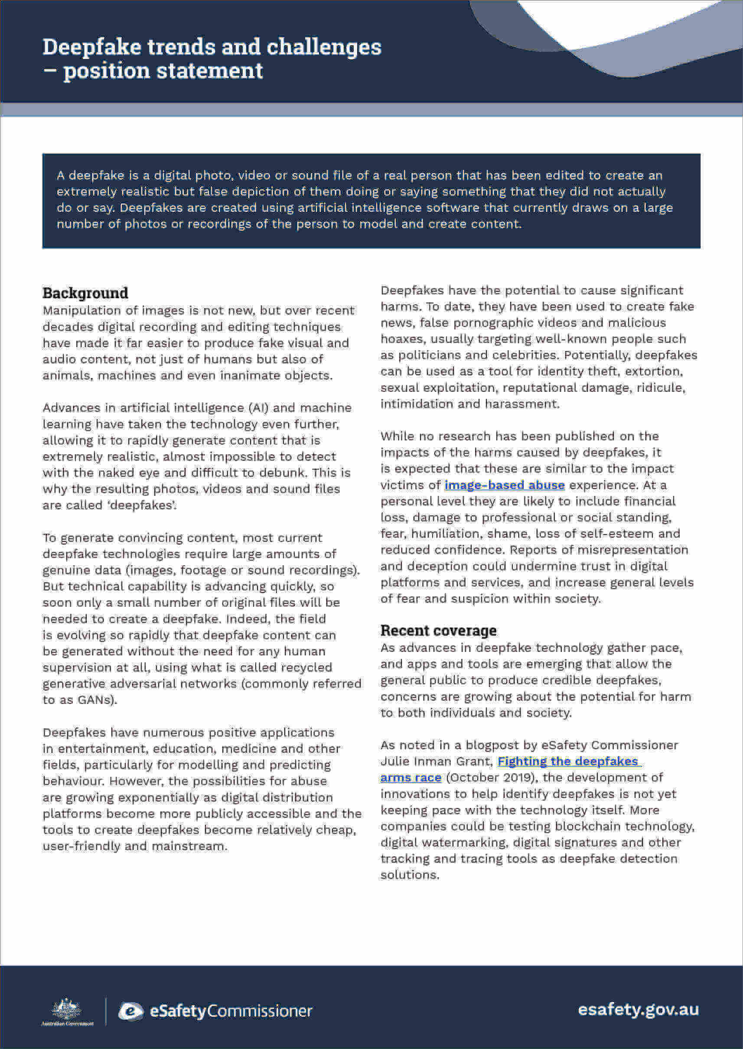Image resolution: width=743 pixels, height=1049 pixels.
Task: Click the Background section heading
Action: pos(85,293)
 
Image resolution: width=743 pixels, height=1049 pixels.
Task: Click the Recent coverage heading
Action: pos(438,630)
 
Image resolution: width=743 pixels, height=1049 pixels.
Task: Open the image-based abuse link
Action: pos(504,485)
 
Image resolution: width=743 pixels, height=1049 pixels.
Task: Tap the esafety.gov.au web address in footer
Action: pos(638,1010)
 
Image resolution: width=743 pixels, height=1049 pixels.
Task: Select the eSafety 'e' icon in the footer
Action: pos(131,1011)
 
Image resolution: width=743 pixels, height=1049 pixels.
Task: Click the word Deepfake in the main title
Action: pos(91,47)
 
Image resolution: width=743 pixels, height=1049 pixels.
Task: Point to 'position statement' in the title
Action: pos(163,71)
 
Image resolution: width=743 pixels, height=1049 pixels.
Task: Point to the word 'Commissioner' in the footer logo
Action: pos(260,1011)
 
